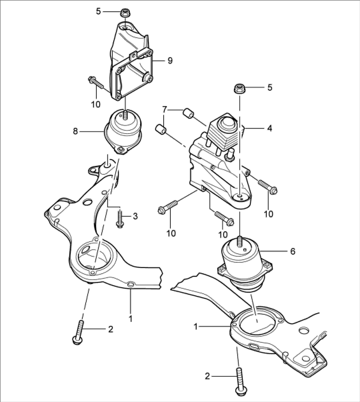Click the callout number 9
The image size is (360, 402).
(x=170, y=61)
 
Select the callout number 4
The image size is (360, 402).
(x=269, y=128)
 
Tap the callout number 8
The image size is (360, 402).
(x=75, y=131)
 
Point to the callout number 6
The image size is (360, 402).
(x=293, y=251)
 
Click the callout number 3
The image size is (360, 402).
(x=135, y=217)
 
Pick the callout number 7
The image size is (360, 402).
(x=165, y=110)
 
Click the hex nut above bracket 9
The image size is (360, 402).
(x=125, y=13)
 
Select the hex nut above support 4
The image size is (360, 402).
(x=240, y=89)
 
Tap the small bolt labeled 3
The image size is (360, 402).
(x=120, y=219)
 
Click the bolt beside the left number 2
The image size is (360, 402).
(x=79, y=332)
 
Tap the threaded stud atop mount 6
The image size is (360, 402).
(x=239, y=241)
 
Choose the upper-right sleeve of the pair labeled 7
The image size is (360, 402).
(x=189, y=113)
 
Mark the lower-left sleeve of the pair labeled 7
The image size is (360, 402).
(x=161, y=129)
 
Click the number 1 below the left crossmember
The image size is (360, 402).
(x=131, y=319)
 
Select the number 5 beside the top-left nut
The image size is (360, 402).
(x=99, y=11)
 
